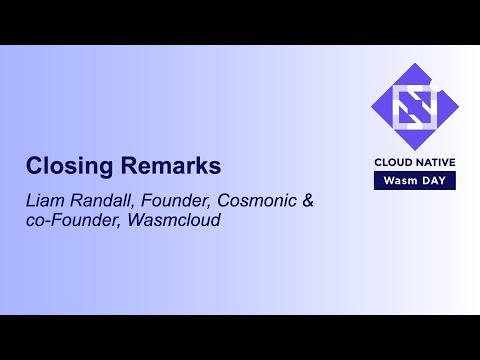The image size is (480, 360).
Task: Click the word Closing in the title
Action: tap(65, 166)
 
